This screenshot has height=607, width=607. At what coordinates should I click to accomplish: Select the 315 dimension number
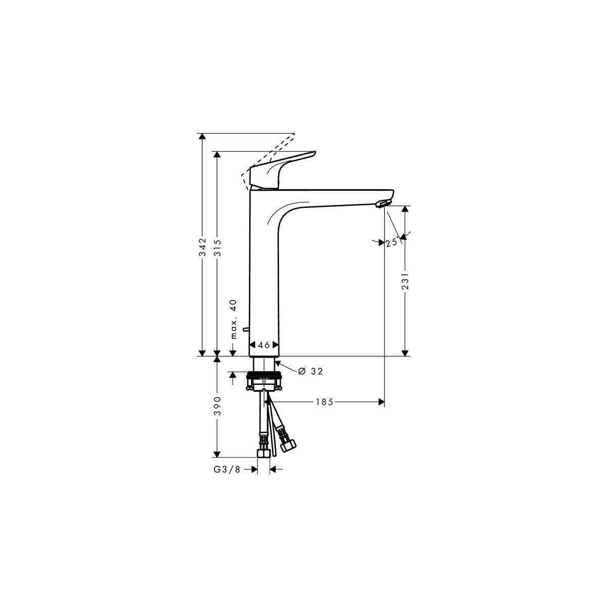pos(218,248)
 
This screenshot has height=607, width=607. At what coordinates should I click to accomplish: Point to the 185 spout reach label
pos(325,402)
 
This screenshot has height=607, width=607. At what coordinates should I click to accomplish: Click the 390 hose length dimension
pos(218,406)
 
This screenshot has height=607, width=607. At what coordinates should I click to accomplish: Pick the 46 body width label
pos(264,345)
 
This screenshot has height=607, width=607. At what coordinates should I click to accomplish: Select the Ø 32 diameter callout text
pos(311,371)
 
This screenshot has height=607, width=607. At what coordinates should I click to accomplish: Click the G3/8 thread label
pos(227,478)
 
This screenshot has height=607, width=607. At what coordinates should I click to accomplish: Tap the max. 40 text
pos(233,319)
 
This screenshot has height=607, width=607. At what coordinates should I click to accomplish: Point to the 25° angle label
pos(393,242)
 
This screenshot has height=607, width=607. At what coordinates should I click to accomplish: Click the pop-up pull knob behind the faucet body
pos(246,329)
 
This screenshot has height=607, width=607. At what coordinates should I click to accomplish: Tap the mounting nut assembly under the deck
pos(264,381)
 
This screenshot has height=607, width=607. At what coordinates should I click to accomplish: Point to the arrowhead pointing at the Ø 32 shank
pos(278,364)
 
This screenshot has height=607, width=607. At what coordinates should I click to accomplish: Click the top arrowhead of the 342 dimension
pos(202,137)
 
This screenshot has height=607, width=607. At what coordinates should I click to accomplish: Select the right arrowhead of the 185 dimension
pos(381,402)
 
